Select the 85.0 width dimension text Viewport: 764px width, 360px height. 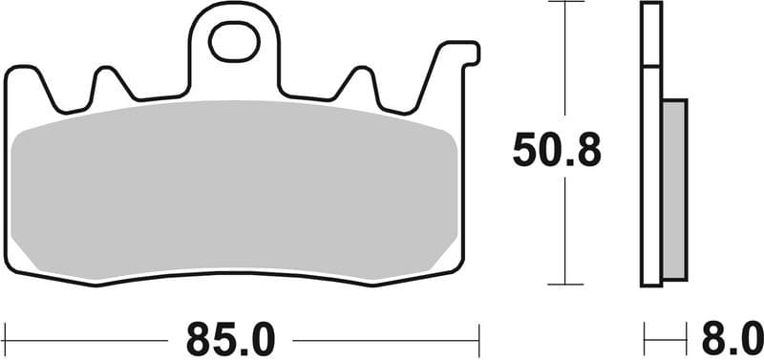[x=231, y=338]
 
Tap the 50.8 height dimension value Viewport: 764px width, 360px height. [x=558, y=150]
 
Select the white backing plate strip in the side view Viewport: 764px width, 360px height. [x=650, y=172]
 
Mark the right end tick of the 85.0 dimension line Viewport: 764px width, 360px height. [x=477, y=338]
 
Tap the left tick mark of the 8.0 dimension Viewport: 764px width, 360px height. [x=645, y=338]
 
